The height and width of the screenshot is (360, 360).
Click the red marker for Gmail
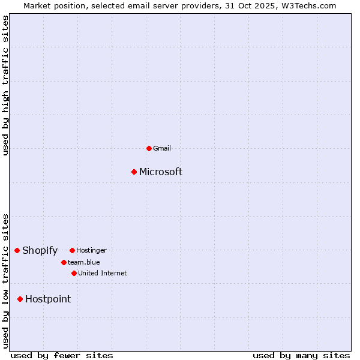pyautogui.click(x=149, y=148)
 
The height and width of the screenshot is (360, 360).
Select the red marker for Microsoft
pyautogui.click(x=134, y=172)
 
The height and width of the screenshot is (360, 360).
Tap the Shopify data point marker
pyautogui.click(x=17, y=250)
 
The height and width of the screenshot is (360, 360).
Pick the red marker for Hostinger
pyautogui.click(x=72, y=250)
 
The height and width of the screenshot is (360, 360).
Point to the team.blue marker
pyautogui.click(x=64, y=262)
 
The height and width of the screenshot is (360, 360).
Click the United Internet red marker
pyautogui.click(x=74, y=273)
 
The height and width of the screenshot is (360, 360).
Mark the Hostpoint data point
pyautogui.click(x=20, y=299)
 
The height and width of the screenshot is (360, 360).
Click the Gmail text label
pyautogui.click(x=162, y=148)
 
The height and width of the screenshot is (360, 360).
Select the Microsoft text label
pyautogui.click(x=161, y=172)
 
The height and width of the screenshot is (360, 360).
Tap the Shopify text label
pyautogui.click(x=40, y=251)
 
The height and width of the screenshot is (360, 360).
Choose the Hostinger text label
pyautogui.click(x=91, y=250)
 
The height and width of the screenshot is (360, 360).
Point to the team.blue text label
pyautogui.click(x=83, y=262)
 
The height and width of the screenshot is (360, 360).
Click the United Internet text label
pyautogui.click(x=102, y=273)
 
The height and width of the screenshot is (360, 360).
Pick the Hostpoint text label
pyautogui.click(x=48, y=299)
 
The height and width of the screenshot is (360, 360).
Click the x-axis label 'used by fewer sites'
pyautogui.click(x=62, y=355)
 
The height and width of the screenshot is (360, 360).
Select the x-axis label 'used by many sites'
pyautogui.click(x=301, y=355)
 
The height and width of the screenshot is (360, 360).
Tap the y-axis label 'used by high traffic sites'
pyautogui.click(x=5, y=86)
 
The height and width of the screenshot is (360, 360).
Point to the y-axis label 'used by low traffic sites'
pyautogui.click(x=5, y=281)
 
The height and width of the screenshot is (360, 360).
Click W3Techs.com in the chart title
pyautogui.click(x=308, y=5)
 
